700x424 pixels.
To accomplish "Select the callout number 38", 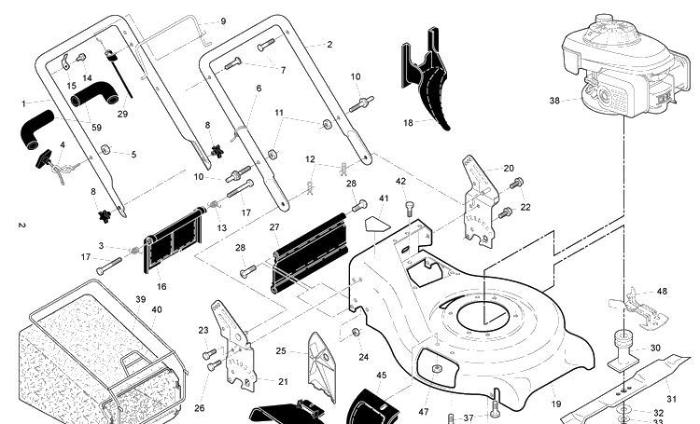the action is coord(554,101).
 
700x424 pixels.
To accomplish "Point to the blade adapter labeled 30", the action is coord(623,351).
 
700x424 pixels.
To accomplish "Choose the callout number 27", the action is coord(274,227).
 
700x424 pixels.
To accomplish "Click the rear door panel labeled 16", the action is coord(174,239).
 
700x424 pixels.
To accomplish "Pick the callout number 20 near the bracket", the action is coord(509,169).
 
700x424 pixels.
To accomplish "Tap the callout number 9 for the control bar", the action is coord(223,21).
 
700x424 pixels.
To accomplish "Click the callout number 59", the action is coord(96,128).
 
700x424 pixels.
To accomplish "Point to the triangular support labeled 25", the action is coord(321,367).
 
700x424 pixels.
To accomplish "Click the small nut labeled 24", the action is coord(356,333).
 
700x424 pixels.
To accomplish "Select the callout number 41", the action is coord(384,198).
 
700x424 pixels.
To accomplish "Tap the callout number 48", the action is coord(662,292).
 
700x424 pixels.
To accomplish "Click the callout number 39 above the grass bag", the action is coord(140,300).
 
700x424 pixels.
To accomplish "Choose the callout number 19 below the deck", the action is coord(556,404).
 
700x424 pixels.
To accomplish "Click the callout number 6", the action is coord(259,89).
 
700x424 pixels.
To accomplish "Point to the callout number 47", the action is coord(423,412).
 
